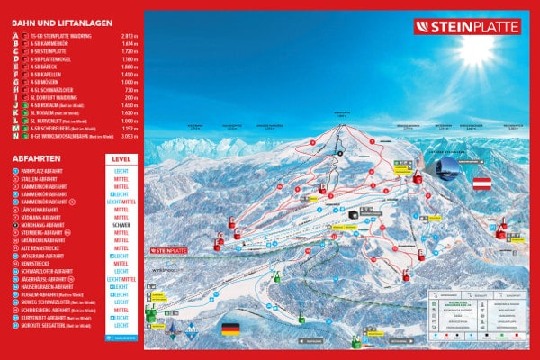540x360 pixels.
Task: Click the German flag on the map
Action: tap(232, 328)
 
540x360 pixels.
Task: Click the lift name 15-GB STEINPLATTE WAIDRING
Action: tap(61, 37)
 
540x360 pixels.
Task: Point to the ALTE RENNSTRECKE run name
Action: tap(45, 248)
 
